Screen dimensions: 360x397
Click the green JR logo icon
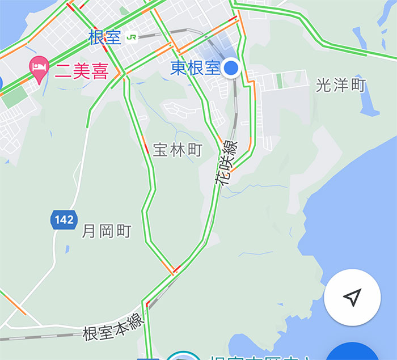pyautogui.click(x=132, y=37)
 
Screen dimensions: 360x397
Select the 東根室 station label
pyautogui.click(x=195, y=69)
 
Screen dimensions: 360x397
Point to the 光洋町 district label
pyautogui.click(x=341, y=86)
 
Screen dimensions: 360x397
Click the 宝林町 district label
pyautogui.click(x=178, y=150)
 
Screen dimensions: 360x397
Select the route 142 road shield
pyautogui.click(x=64, y=219)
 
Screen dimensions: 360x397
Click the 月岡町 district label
pyautogui.click(x=107, y=231)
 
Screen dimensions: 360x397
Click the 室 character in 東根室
pyautogui.click(x=212, y=69)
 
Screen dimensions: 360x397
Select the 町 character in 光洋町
pyautogui.click(x=357, y=86)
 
